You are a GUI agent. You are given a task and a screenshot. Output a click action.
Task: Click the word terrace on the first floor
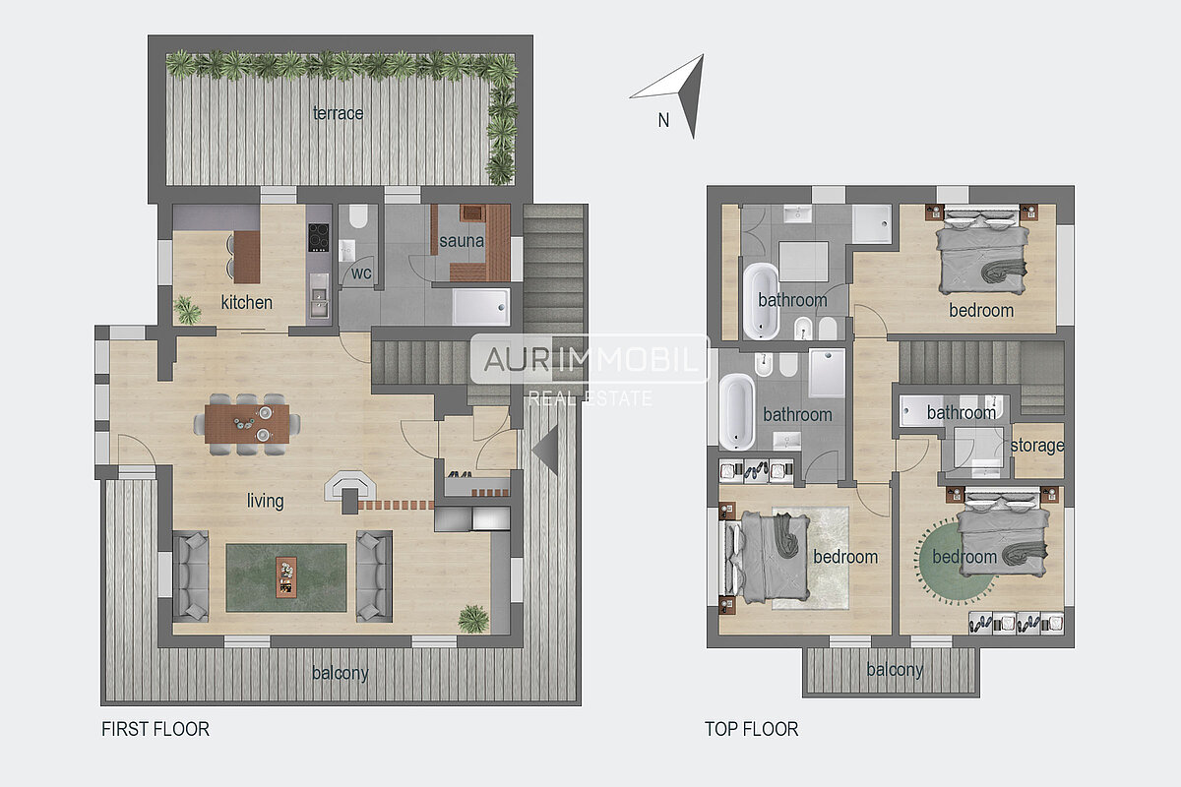(338, 113)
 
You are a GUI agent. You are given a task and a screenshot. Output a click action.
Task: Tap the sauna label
(462, 241)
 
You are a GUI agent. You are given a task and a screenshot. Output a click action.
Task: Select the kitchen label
(247, 302)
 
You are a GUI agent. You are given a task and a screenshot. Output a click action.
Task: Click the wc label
(361, 273)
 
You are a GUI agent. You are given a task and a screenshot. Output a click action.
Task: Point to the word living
(265, 501)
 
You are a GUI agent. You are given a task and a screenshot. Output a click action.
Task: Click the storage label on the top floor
(1037, 446)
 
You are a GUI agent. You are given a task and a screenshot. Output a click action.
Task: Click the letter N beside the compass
(663, 120)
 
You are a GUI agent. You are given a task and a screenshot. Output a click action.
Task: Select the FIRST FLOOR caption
(155, 729)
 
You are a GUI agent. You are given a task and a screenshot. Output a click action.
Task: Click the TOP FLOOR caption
(751, 729)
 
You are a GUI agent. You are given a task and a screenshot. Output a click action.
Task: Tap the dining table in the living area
(247, 424)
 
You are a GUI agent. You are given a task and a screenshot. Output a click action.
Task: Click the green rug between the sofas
(286, 577)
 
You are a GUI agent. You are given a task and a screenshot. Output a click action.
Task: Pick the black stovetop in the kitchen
(319, 237)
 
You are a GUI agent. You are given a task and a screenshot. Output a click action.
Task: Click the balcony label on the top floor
(895, 670)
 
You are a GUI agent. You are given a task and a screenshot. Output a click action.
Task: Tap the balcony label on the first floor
(341, 673)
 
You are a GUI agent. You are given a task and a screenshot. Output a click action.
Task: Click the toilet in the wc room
(358, 216)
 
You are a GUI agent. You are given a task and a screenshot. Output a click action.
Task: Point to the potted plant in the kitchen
(187, 310)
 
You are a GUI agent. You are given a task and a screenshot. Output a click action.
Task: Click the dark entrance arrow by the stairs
(548, 451)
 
